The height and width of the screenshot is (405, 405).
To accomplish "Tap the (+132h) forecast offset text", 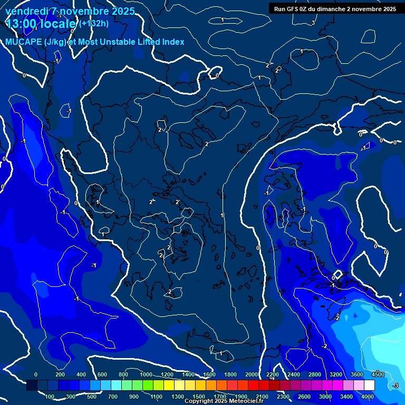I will (x=94, y=23).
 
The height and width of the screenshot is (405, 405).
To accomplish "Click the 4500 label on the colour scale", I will (x=378, y=374).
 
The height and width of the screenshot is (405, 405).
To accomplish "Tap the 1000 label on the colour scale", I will (x=146, y=374).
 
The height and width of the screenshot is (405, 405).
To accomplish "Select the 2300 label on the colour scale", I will (x=283, y=397).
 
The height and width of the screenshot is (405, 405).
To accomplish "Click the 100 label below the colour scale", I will (x=50, y=397).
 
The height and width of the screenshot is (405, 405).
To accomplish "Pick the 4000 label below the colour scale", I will (x=368, y=397).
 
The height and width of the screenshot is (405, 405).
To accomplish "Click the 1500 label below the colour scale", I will (x=199, y=397).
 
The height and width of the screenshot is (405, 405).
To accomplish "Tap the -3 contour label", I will (x=396, y=386).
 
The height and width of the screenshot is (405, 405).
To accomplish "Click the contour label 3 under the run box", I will (x=313, y=23).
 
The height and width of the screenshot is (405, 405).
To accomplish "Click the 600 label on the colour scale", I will (x=102, y=374).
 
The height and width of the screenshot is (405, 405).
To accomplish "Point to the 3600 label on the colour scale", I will (x=357, y=374).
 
